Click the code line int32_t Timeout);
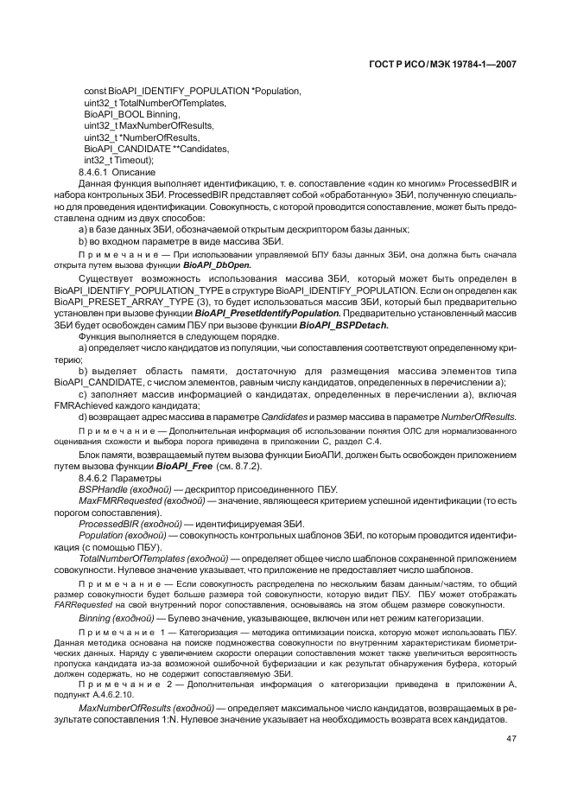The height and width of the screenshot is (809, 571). tap(118, 160)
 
